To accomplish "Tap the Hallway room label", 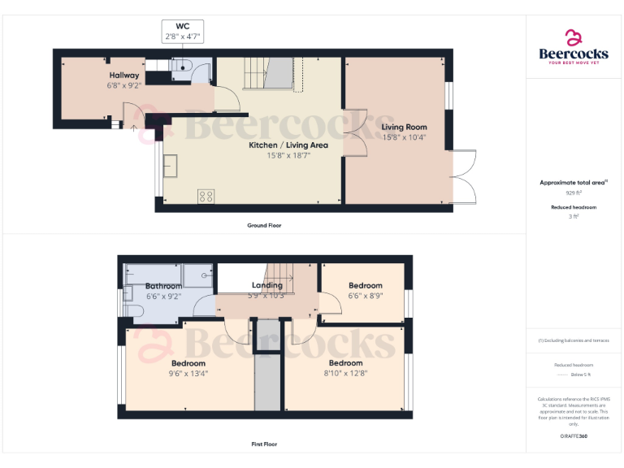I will [x=124, y=75].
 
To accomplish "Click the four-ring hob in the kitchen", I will [x=206, y=196].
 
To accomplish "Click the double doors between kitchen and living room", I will [x=353, y=133].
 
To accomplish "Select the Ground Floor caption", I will [x=264, y=225].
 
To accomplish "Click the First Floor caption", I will [x=264, y=444].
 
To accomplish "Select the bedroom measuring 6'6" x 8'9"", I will [x=365, y=290].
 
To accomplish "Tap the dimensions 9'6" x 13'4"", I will [x=188, y=374].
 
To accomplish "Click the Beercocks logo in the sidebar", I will [x=574, y=46].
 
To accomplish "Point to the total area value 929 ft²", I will [x=574, y=193].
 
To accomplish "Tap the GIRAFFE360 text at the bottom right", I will [x=574, y=437].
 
